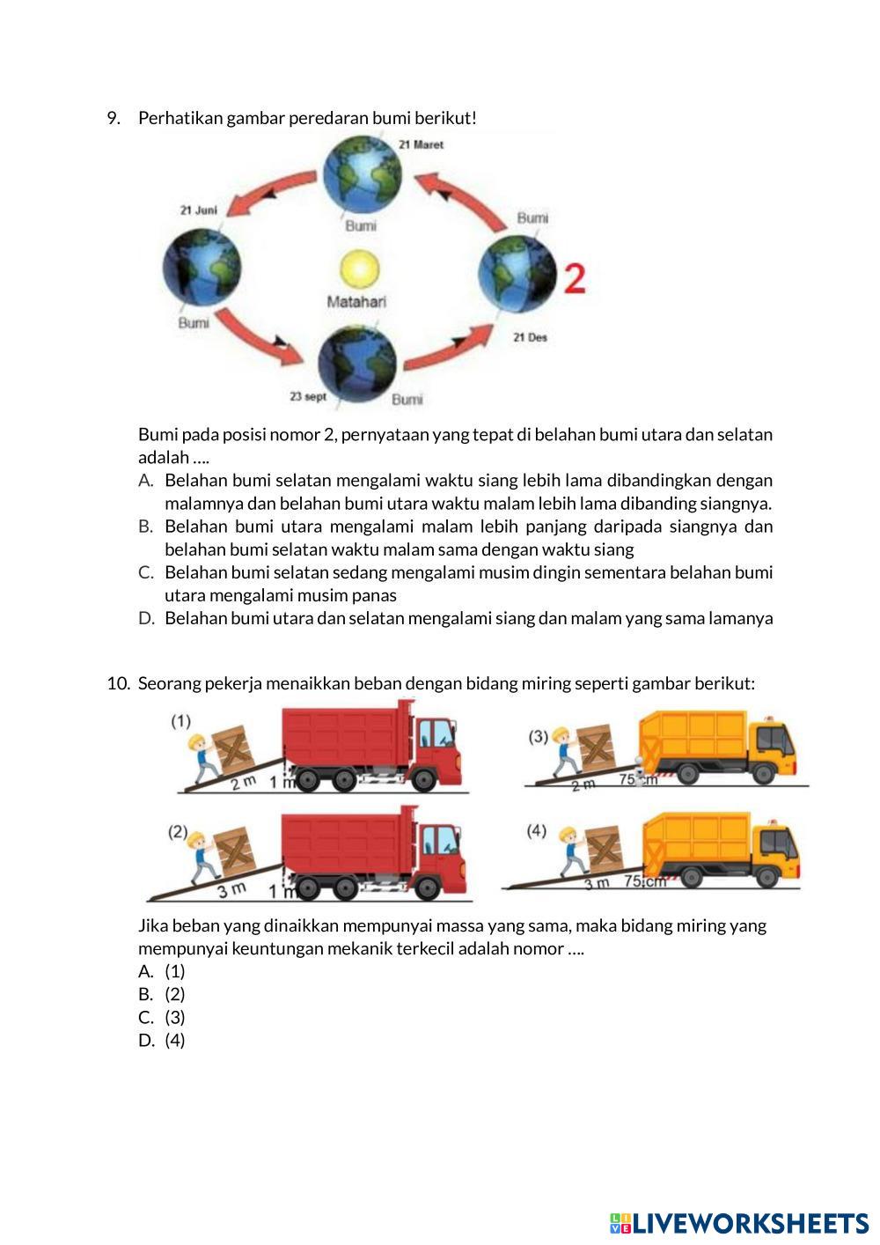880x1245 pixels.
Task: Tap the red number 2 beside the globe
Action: [574, 279]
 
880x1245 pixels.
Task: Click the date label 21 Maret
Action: [422, 144]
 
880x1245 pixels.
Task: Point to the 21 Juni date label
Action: [198, 210]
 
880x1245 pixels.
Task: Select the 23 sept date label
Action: [308, 396]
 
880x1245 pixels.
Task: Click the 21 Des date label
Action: [530, 337]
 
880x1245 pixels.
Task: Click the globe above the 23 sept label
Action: [357, 362]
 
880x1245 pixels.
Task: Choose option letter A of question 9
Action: [146, 481]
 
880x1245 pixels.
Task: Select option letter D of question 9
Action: [146, 618]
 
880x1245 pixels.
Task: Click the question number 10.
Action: [118, 683]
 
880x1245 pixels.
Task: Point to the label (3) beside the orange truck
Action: [539, 736]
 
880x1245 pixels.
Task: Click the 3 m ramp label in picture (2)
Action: [231, 890]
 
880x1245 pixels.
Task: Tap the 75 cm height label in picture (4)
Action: [645, 881]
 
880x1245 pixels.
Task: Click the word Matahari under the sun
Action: [356, 302]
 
